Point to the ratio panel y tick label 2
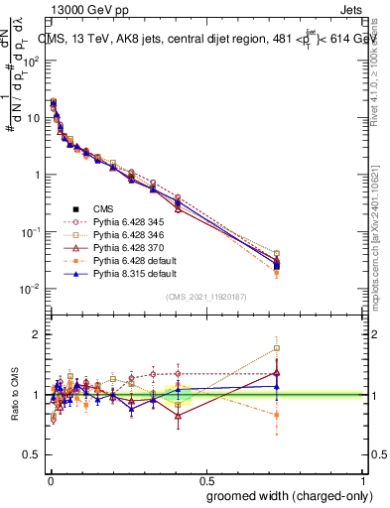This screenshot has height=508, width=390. [x=36, y=334]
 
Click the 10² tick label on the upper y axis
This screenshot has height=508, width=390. [x=30, y=61]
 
